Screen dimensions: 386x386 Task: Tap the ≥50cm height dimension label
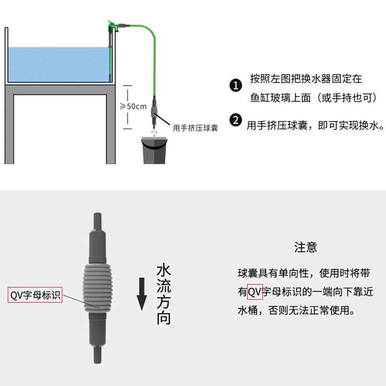(x=133, y=106)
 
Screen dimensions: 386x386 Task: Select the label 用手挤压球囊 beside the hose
(x=195, y=128)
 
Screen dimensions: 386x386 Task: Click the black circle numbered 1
(x=235, y=86)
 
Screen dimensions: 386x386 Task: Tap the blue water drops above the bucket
(x=154, y=132)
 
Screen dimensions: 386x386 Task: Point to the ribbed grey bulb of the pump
(x=97, y=288)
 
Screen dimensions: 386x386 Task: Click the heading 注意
(x=306, y=248)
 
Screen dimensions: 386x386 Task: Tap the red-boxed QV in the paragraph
(x=255, y=292)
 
